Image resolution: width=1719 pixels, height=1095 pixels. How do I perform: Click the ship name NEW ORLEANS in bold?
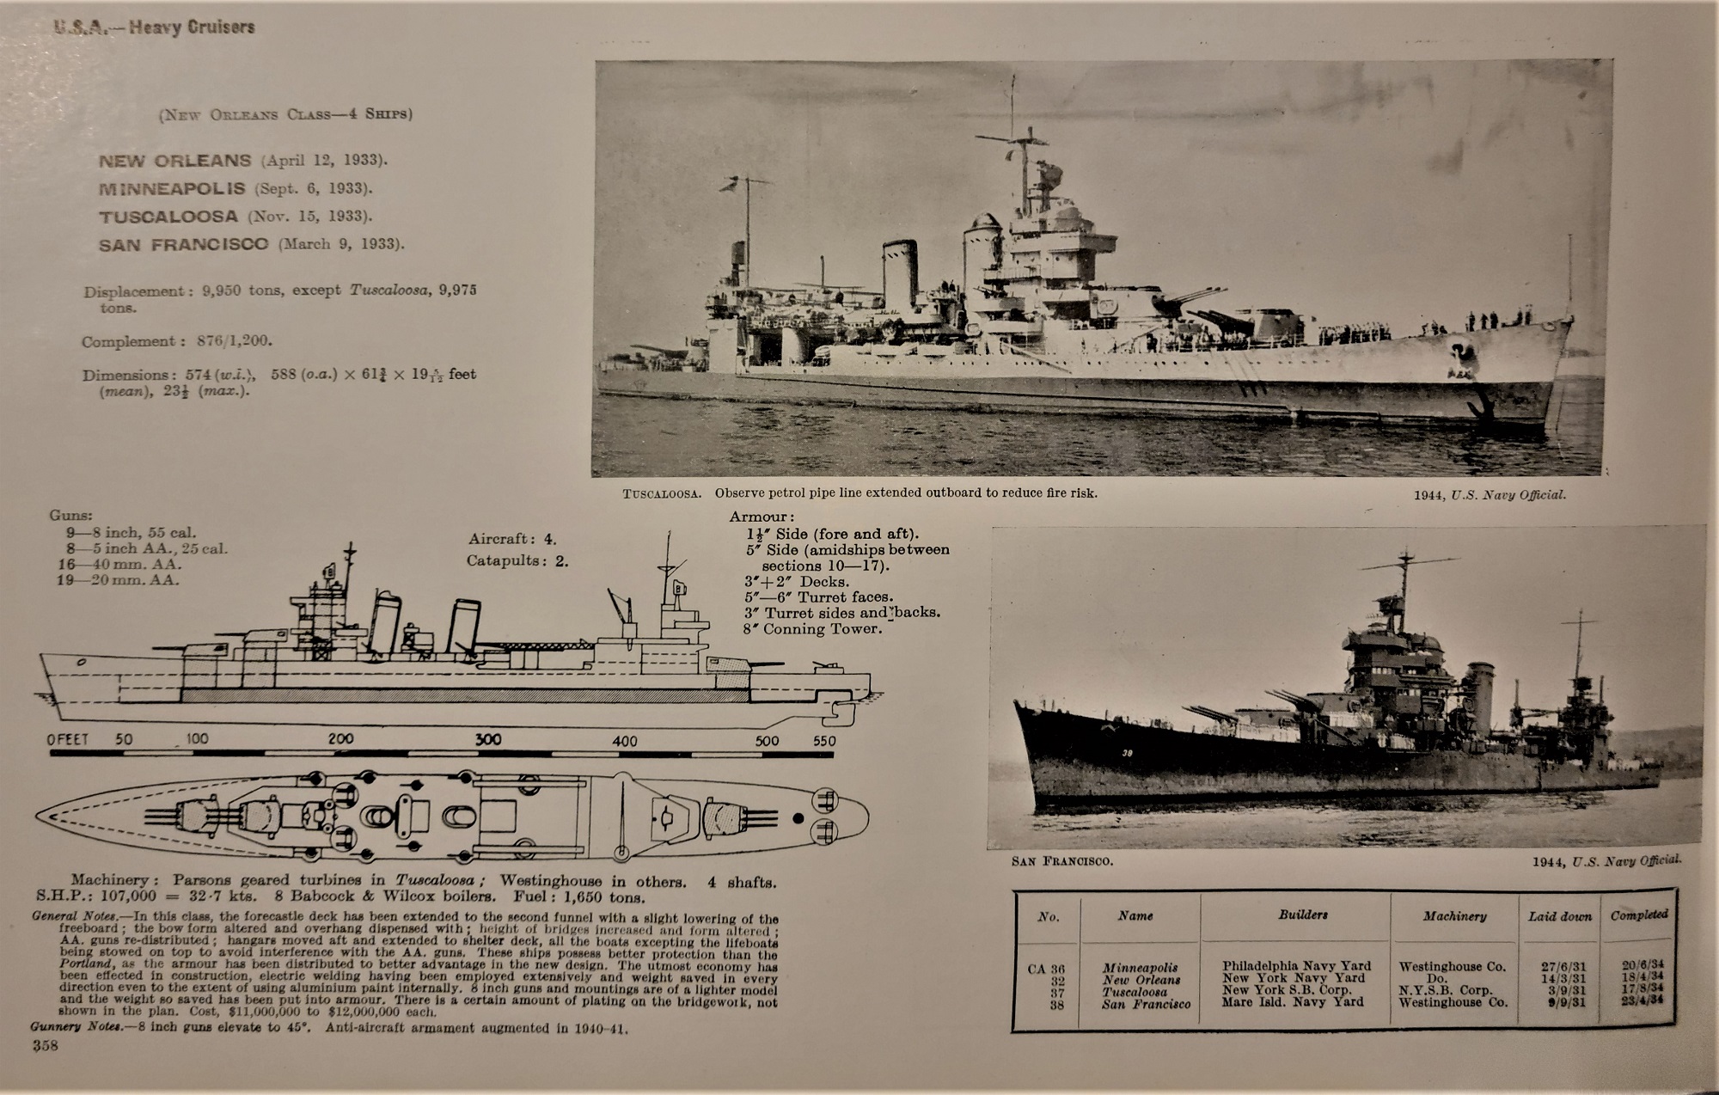174,161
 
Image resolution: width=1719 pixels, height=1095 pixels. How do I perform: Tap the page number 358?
45,1045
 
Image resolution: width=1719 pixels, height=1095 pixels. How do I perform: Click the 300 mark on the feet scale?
488,739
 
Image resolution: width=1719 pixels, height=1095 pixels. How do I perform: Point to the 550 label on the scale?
823,740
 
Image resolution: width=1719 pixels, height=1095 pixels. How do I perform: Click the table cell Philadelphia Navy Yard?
1296,966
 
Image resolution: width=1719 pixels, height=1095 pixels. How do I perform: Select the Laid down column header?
1559,916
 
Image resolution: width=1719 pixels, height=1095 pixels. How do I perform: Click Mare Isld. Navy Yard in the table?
1293,1002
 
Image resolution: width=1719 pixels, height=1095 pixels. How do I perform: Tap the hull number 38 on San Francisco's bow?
1128,754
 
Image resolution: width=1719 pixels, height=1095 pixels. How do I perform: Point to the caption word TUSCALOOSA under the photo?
662,494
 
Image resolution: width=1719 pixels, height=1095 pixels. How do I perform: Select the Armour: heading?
762,517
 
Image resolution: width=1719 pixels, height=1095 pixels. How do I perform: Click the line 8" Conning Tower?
812,628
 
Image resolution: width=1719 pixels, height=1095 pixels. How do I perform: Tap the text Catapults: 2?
517,561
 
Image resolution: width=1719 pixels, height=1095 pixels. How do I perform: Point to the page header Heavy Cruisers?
192,27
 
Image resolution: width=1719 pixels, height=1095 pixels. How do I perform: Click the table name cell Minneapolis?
1140,967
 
